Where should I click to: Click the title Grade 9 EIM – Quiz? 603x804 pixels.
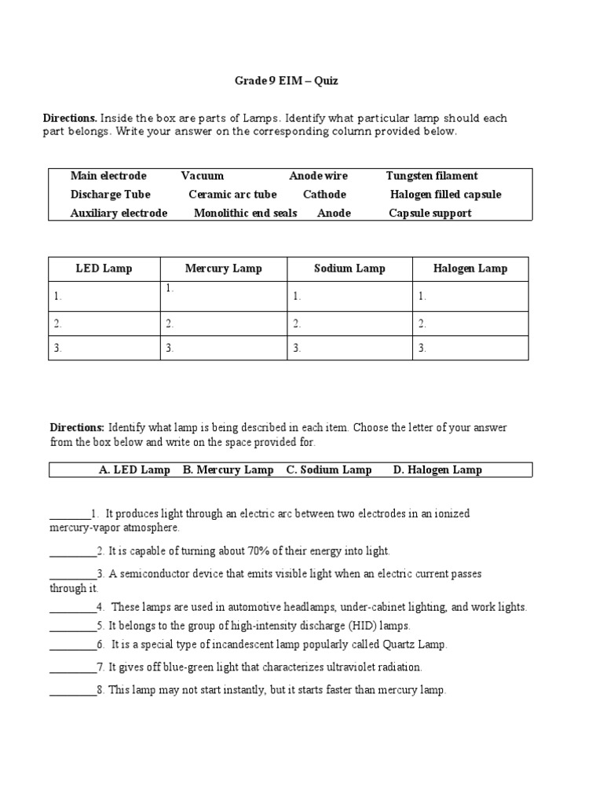tap(287, 81)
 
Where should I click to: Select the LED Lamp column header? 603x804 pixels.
tap(104, 269)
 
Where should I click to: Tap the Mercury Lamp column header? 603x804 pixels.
tap(223, 269)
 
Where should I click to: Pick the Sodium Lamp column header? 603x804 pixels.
tap(349, 269)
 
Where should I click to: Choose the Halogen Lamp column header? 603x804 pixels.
tap(470, 269)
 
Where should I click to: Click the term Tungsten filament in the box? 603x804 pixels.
tap(432, 176)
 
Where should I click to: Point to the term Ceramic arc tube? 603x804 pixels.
tap(232, 195)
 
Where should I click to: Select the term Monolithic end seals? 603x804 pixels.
tap(245, 214)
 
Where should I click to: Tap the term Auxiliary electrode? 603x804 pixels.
tap(119, 214)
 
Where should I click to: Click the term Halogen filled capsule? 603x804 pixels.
tap(445, 195)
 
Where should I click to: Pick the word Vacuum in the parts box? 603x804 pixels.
tap(203, 176)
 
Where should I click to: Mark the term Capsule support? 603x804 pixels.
tap(430, 214)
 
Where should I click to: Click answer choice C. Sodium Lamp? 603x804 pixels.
tap(329, 470)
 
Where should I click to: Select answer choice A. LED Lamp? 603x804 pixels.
tap(134, 470)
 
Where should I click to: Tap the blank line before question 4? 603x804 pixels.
tap(73, 608)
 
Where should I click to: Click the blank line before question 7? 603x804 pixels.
tap(73, 667)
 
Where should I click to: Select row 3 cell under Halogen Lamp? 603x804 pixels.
tap(470, 348)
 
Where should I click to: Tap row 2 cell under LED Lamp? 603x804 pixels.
tap(104, 323)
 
